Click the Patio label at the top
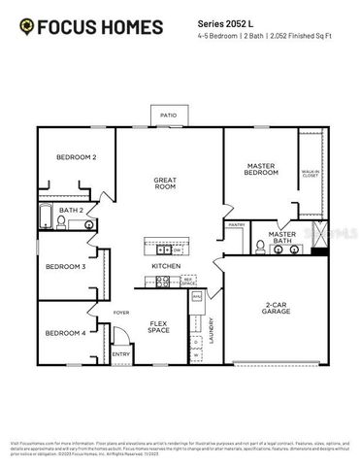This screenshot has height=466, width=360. click(x=169, y=115)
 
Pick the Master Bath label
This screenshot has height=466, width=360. click(x=281, y=237)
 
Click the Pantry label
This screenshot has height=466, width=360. click(x=236, y=224)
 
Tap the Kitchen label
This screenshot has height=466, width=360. click(x=164, y=266)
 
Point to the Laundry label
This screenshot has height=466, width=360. click(x=212, y=332)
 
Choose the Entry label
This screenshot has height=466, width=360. click(x=120, y=354)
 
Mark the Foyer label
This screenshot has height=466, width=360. click(x=120, y=314)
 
